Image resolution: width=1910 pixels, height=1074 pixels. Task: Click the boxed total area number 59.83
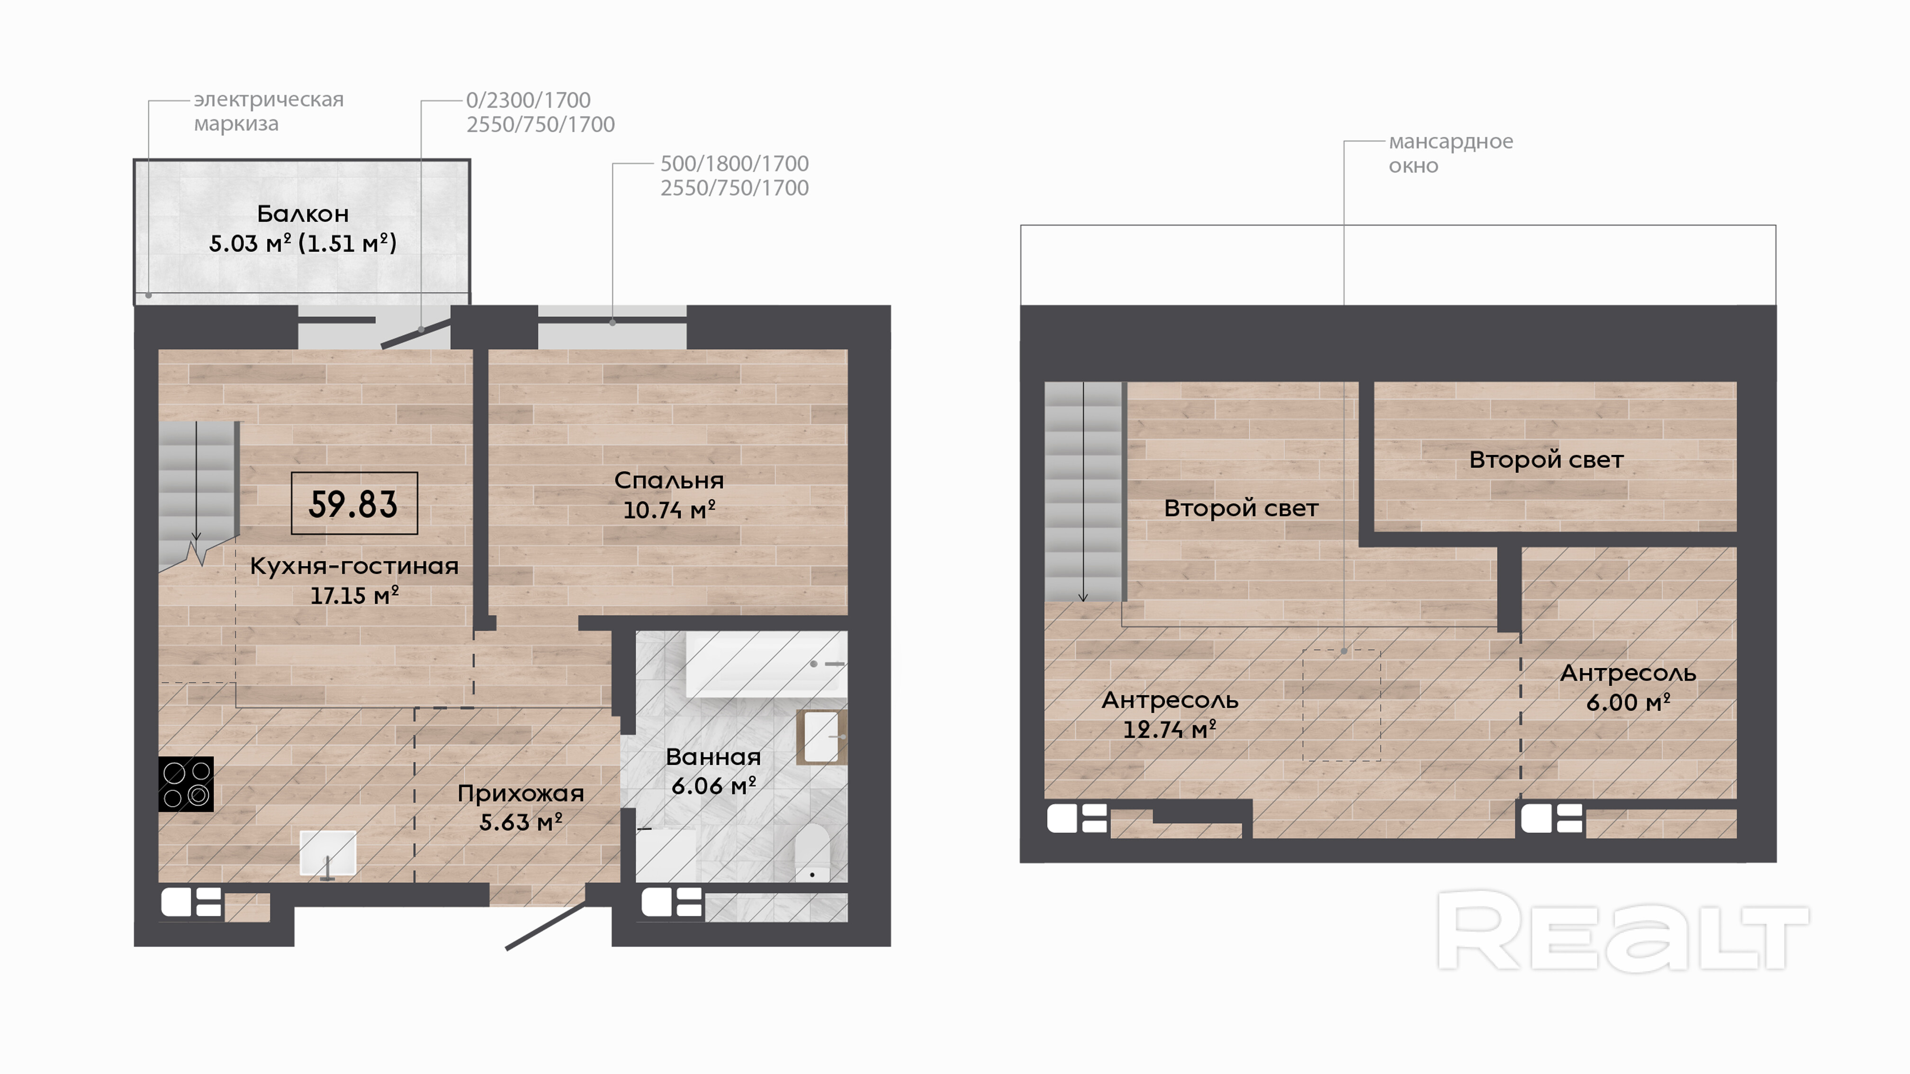(354, 504)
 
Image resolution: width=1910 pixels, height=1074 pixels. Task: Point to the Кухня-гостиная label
(354, 566)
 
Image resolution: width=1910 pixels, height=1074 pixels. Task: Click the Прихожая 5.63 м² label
(521, 808)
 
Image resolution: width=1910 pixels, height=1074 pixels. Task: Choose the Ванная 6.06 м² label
(713, 771)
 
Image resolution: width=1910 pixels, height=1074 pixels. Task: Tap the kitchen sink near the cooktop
(328, 854)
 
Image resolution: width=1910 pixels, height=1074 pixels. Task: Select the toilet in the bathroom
(812, 852)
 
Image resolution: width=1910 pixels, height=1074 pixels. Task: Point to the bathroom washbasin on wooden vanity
(821, 737)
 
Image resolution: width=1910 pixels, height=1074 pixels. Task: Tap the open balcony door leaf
(416, 333)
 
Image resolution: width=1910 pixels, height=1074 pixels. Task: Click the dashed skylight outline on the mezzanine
(1342, 705)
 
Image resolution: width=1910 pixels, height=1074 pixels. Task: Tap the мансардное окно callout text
(1451, 153)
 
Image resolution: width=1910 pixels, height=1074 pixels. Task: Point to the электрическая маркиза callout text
(269, 111)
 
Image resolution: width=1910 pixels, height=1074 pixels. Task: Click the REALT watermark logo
(1623, 931)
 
